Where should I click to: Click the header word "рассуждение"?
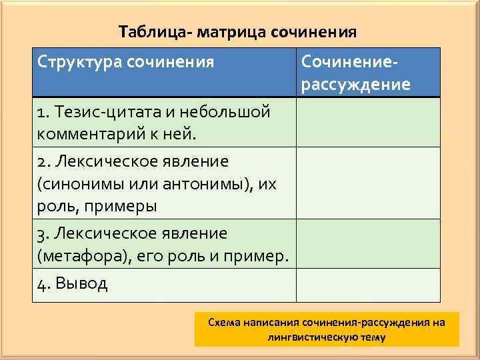356,85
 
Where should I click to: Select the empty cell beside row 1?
368,123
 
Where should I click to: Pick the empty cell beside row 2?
368,183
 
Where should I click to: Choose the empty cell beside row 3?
368,244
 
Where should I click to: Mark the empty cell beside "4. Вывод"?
368,285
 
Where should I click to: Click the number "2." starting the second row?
44,161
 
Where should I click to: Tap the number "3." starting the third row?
44,233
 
